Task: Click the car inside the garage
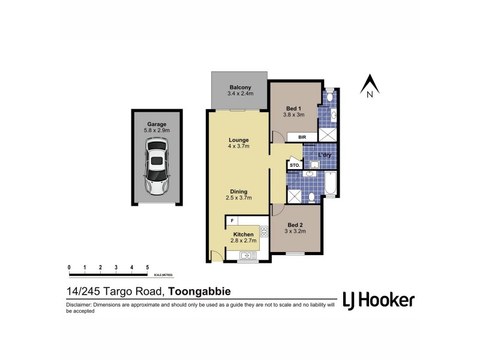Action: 156,167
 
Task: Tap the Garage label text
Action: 156,124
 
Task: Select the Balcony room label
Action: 239,88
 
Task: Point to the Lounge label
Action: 238,140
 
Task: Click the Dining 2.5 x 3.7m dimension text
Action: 238,197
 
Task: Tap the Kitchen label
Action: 243,234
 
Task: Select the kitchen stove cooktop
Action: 263,230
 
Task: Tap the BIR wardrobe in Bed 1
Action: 302,137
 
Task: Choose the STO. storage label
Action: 295,164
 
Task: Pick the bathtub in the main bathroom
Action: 331,184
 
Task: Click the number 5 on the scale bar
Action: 148,267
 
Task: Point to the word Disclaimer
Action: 80,306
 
